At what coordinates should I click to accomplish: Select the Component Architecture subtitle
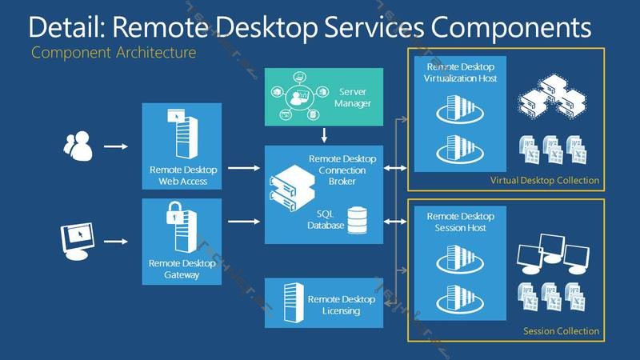pyautogui.click(x=114, y=54)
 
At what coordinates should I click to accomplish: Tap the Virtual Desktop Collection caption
pyautogui.click(x=544, y=181)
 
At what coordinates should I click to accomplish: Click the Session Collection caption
pyautogui.click(x=561, y=331)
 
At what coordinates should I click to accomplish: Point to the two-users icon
pyautogui.click(x=78, y=146)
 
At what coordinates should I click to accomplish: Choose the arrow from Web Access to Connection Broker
pyautogui.click(x=243, y=169)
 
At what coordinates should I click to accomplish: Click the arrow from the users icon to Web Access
pyautogui.click(x=117, y=147)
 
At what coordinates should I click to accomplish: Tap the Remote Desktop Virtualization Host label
pyautogui.click(x=460, y=73)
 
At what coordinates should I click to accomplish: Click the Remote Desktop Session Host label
pyautogui.click(x=460, y=222)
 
